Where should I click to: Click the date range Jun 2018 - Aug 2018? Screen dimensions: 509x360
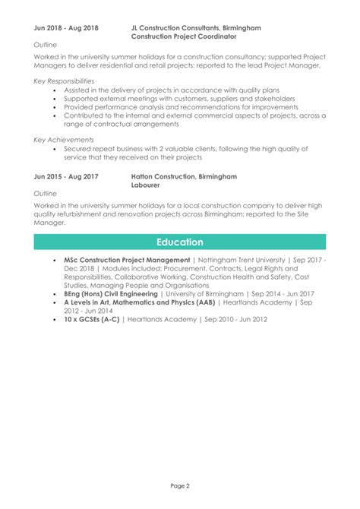tap(66, 27)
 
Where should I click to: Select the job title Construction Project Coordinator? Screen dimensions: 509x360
tap(184, 36)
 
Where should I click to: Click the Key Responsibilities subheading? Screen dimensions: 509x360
tap(65, 81)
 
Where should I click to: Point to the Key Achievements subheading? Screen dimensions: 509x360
tap(64, 140)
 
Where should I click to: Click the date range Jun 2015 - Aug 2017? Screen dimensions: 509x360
tap(66, 176)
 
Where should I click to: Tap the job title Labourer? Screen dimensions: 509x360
tap(146, 185)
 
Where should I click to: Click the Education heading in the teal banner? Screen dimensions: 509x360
tap(179, 242)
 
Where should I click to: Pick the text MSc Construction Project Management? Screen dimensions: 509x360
tap(127, 261)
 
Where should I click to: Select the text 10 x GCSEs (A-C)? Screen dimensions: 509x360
tap(96, 319)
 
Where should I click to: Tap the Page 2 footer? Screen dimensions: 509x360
tap(180, 486)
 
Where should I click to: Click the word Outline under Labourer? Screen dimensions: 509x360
tap(46, 194)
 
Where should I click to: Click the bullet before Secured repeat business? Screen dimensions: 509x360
tap(56, 150)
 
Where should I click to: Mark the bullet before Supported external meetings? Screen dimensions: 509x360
tap(56, 99)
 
